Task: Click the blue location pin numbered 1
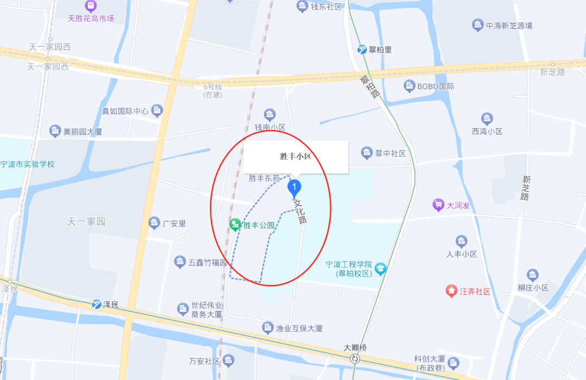click(294, 188)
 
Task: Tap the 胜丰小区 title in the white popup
click(295, 156)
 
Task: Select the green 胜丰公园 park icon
click(235, 224)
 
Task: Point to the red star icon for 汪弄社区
click(451, 291)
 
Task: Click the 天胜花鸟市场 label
click(91, 18)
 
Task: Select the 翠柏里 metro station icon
click(362, 50)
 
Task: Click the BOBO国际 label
click(435, 86)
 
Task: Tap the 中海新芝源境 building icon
click(477, 25)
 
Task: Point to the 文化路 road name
click(300, 212)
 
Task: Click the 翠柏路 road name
click(370, 86)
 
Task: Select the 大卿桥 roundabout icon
click(355, 358)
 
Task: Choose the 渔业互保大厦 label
click(300, 328)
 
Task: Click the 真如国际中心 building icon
click(157, 111)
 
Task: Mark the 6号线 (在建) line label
click(213, 91)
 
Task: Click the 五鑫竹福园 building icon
click(180, 262)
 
